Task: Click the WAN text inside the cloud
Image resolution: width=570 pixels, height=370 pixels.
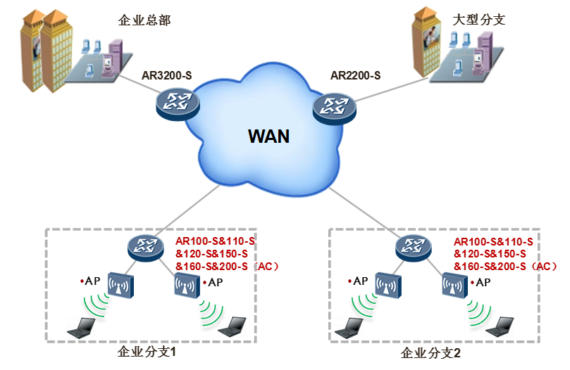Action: click(x=268, y=135)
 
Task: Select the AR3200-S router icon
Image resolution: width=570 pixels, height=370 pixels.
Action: click(x=178, y=102)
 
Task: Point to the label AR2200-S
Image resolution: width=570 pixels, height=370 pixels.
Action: click(x=356, y=75)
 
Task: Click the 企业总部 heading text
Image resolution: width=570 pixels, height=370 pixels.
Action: click(x=144, y=20)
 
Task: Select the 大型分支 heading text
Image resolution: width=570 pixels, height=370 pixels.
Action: click(x=478, y=20)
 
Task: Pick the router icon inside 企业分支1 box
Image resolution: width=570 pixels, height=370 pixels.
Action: click(x=145, y=246)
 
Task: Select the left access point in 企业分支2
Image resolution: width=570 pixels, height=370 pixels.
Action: click(x=388, y=285)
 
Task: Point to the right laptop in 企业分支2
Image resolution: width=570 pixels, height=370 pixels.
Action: click(x=504, y=325)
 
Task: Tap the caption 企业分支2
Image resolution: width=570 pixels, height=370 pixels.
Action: click(x=430, y=352)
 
